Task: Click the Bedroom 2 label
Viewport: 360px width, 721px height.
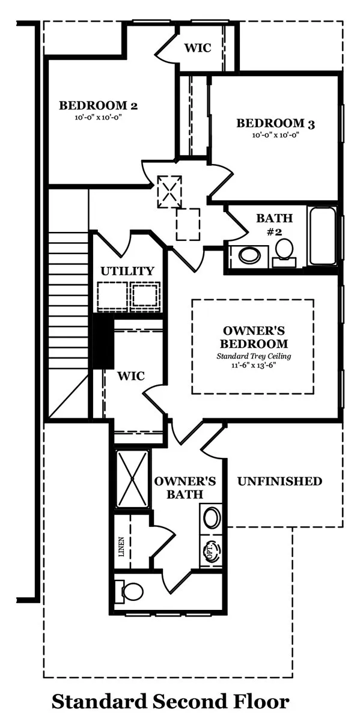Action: click(98, 106)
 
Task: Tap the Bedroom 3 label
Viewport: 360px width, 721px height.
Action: click(276, 123)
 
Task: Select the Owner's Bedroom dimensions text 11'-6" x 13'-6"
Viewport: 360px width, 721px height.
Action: click(254, 365)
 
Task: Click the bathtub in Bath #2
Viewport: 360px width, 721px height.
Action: click(322, 236)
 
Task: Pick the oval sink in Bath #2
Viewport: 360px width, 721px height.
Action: click(249, 256)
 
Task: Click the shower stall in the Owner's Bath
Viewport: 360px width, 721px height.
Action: click(132, 479)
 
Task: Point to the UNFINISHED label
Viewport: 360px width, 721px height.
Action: click(280, 481)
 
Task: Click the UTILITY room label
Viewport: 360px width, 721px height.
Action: click(127, 271)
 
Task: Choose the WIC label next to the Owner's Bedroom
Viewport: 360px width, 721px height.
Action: click(131, 376)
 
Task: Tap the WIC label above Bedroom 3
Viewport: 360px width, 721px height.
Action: click(198, 48)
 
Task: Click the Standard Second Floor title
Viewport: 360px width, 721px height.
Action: click(170, 702)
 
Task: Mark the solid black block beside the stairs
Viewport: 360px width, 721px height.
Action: click(103, 341)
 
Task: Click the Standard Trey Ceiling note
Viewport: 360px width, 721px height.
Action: click(254, 356)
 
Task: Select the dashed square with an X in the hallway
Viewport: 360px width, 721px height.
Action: click(169, 191)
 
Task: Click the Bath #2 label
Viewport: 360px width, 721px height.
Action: click(274, 224)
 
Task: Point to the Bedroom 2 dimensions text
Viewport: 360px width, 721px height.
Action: click(98, 118)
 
